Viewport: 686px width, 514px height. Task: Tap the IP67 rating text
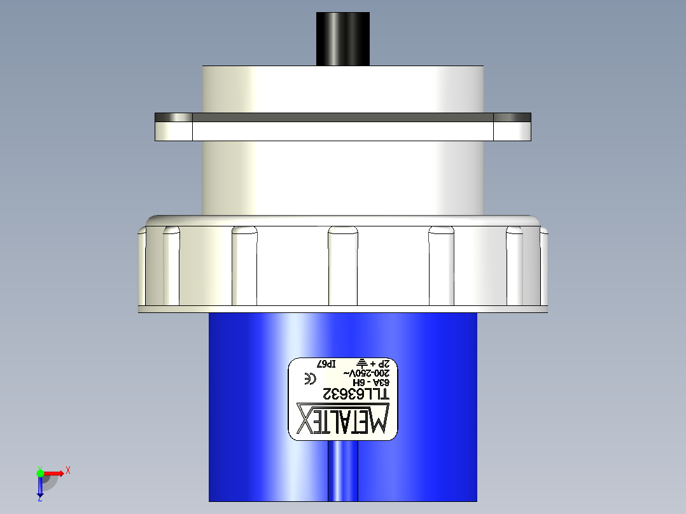[326, 365]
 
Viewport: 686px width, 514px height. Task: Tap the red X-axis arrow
[54, 473]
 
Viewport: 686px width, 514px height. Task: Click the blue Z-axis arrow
[39, 487]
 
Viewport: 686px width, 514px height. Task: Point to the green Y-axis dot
[40, 473]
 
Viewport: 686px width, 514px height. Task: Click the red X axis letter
[67, 471]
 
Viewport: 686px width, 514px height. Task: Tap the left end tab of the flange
[174, 127]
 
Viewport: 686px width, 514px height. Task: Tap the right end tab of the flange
[512, 127]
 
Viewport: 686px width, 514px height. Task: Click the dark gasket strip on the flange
[342, 118]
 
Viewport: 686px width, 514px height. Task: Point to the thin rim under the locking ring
[343, 310]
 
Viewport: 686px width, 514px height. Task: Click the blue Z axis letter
[39, 499]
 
